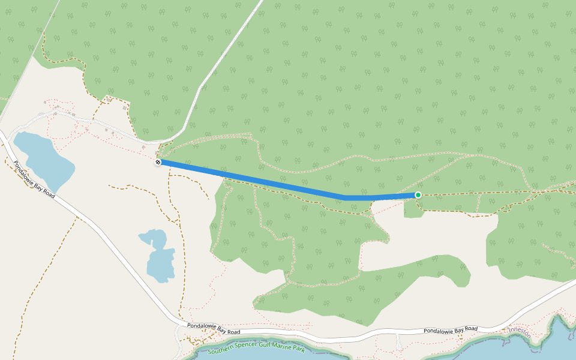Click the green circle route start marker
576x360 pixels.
point(418,195)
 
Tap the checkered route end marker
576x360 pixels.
point(158,162)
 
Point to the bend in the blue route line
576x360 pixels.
point(346,197)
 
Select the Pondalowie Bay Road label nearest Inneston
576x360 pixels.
point(451,330)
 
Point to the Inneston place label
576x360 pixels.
point(520,329)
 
